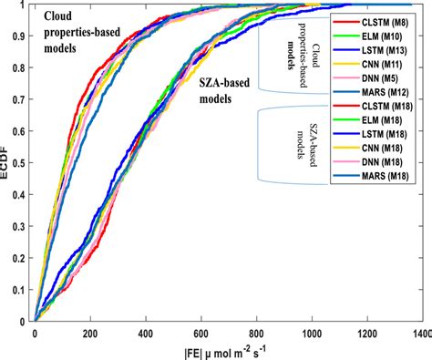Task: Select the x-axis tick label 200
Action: point(90,334)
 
